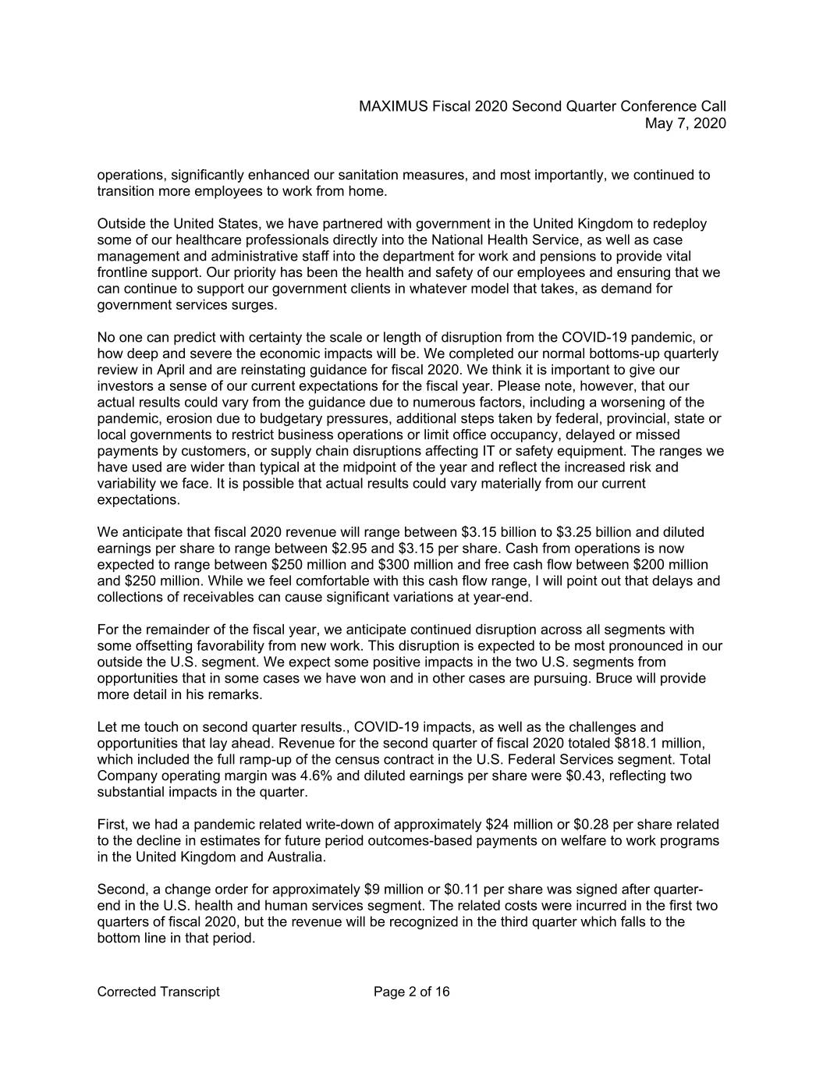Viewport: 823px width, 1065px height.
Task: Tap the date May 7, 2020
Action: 686,123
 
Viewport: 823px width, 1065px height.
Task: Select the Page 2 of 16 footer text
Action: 411,992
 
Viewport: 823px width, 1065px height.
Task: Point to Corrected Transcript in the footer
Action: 158,992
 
